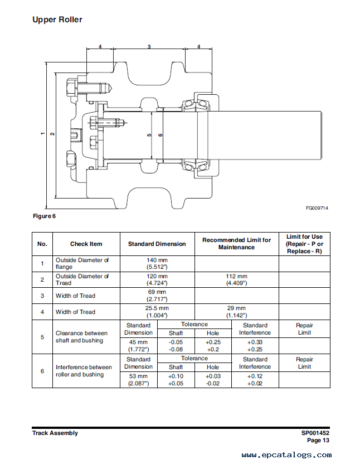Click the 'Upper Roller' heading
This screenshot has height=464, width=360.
(x=57, y=20)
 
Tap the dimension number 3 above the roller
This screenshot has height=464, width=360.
(x=149, y=47)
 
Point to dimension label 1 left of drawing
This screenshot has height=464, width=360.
(x=42, y=134)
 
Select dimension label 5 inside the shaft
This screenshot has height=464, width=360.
(x=149, y=135)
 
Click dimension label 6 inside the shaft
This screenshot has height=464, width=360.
(x=160, y=135)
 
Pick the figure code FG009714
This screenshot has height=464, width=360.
(x=317, y=208)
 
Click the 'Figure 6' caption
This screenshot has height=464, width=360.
(x=44, y=216)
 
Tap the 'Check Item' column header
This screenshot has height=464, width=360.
(x=86, y=244)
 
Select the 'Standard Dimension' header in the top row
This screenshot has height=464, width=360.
(x=157, y=244)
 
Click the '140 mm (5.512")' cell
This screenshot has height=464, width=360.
(x=157, y=263)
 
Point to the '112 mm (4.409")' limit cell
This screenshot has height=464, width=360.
(x=236, y=279)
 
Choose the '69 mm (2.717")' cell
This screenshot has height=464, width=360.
(x=157, y=296)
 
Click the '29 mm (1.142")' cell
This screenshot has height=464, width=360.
(x=236, y=312)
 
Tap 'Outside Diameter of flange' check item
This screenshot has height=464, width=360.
(x=82, y=263)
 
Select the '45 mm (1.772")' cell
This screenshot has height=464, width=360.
(x=138, y=346)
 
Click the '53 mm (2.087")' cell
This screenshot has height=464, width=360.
(x=138, y=380)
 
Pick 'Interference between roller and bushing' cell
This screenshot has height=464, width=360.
(x=84, y=371)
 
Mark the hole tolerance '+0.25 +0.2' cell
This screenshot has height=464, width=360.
(x=213, y=346)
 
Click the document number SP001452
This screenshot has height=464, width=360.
(x=315, y=433)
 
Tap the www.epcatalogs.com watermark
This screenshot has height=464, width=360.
(x=286, y=455)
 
